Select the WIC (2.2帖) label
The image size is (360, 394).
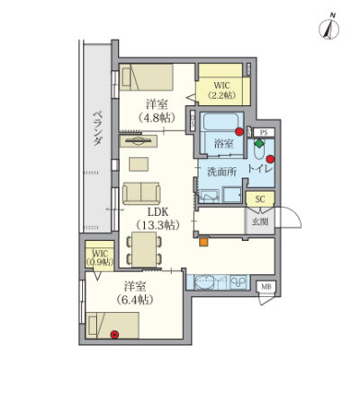(222, 90)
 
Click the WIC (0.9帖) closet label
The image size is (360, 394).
(100, 258)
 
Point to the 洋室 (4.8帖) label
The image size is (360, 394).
(157, 111)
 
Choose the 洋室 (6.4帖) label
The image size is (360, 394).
(135, 292)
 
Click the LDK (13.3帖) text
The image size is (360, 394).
(157, 219)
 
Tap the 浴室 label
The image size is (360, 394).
(224, 144)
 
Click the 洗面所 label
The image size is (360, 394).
(222, 172)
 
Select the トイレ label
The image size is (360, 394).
(260, 168)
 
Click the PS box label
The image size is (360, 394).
(264, 132)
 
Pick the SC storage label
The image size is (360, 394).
(260, 199)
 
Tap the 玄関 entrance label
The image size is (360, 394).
(260, 222)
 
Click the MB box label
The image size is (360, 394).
(266, 286)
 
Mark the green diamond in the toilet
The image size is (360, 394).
(258, 143)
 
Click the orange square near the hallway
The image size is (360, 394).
(204, 242)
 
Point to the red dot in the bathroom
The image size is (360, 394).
(239, 131)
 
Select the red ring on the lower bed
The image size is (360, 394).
(114, 335)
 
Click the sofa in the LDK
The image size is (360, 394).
(141, 193)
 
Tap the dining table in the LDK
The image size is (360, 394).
(144, 250)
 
